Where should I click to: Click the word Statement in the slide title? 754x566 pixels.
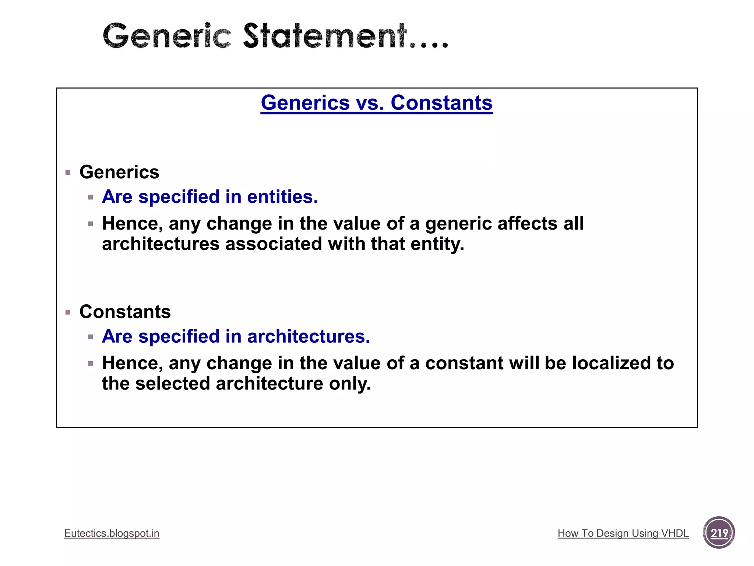click(x=325, y=36)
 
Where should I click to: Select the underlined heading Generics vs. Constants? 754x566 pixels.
click(x=377, y=103)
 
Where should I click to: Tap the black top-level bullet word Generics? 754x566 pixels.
click(x=119, y=172)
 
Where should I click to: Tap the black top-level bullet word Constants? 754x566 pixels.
click(x=125, y=312)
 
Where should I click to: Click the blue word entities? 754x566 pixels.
click(x=282, y=197)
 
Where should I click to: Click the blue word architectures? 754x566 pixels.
click(x=309, y=336)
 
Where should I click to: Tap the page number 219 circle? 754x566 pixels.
click(x=719, y=533)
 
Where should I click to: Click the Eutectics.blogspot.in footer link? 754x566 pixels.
click(x=112, y=534)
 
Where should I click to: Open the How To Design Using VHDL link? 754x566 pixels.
click(x=623, y=534)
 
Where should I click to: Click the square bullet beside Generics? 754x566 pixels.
click(x=68, y=172)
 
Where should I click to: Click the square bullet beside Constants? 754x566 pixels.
click(x=68, y=312)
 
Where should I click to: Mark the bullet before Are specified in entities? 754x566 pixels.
click(x=91, y=198)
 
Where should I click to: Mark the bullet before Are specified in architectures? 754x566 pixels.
click(x=91, y=337)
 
